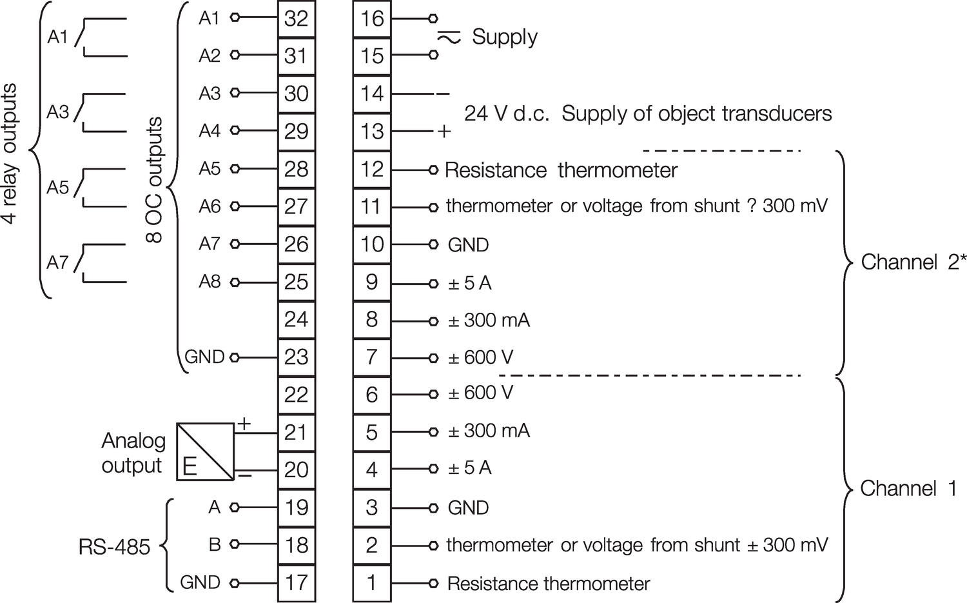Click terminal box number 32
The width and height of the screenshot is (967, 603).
pos(296,19)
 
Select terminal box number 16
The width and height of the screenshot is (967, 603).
pos(372,19)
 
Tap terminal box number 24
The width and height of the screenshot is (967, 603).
pos(296,319)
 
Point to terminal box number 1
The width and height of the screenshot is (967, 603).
pos(372,582)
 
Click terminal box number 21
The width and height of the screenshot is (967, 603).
pos(296,432)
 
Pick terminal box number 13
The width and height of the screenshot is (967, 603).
pos(372,132)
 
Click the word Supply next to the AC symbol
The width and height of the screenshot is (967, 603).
pos(504,37)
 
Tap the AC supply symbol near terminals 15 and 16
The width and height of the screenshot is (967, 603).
pos(449,37)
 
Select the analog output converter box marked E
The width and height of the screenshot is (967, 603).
pos(205,451)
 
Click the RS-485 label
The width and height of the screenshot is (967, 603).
pos(114,548)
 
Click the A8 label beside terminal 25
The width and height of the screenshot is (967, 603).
pos(210,282)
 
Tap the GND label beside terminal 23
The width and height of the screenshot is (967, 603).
pos(204,357)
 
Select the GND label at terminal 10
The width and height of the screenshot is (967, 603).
pos(468,245)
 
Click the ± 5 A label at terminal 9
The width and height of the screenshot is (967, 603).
pos(469,282)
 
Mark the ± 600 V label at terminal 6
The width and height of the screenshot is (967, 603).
pos(480,393)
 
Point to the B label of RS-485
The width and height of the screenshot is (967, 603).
pos(215,545)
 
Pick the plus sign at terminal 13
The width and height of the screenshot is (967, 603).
pos(444,132)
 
